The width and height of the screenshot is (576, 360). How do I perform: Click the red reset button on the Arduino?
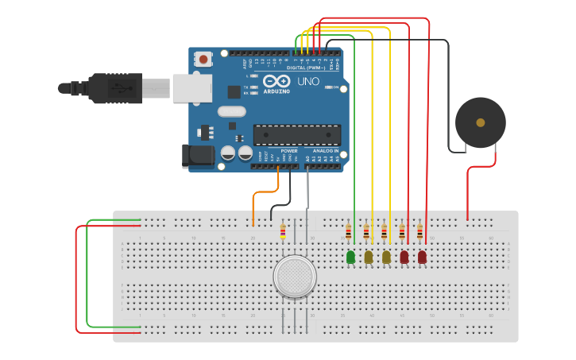coord(204,59)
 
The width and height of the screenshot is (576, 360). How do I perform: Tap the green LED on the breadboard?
coord(350,257)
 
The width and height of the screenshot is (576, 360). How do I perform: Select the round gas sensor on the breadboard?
coord(295,276)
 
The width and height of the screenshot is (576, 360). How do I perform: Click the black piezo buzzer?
coord(480,122)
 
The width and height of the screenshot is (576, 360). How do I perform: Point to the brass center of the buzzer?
coord(480,122)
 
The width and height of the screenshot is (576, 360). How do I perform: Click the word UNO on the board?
coord(308,81)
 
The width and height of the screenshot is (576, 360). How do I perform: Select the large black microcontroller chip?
coord(296,134)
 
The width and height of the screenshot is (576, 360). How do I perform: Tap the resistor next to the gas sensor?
coord(283,231)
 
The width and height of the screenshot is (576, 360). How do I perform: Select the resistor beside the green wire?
coord(348,232)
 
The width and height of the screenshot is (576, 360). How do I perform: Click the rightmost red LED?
coord(422,257)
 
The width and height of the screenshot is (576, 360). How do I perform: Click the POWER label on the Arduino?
coord(289,150)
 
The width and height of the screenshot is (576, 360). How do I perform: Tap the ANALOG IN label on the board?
coord(325,150)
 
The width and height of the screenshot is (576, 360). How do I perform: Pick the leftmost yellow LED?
coord(369,257)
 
